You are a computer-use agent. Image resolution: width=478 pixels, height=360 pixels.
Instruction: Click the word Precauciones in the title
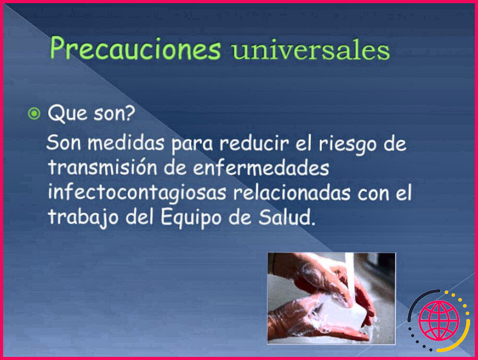135,50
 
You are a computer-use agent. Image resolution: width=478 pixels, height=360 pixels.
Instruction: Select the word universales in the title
311,51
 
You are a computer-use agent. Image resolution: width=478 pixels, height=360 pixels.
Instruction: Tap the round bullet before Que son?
34,114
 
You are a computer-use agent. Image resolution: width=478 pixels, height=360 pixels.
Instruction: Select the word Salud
289,217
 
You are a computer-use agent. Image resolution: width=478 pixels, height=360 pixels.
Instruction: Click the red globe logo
439,321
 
